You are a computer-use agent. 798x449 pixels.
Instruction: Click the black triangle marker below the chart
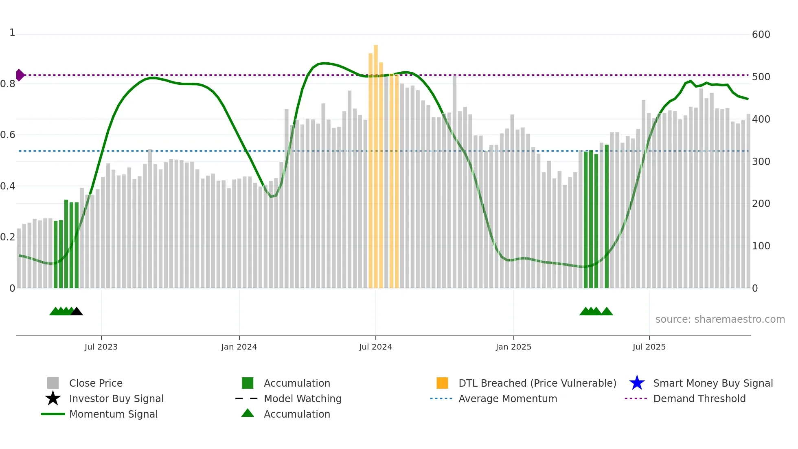77,311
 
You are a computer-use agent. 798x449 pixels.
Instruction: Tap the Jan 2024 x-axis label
239,347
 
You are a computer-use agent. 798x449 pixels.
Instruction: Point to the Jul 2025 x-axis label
649,347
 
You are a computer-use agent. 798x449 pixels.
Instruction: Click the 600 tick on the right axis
761,35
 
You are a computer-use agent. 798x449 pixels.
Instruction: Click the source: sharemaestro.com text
720,319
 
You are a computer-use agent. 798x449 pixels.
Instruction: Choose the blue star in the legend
637,383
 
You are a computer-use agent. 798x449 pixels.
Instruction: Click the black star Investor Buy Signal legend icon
53,398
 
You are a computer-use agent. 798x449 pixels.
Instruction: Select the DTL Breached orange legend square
442,383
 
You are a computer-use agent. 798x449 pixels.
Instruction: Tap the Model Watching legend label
303,398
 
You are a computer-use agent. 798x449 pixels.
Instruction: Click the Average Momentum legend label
508,398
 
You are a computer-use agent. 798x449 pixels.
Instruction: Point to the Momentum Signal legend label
113,414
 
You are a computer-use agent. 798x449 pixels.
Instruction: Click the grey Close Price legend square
53,383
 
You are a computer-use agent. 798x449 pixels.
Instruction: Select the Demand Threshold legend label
699,398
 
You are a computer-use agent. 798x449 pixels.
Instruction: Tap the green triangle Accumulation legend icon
248,413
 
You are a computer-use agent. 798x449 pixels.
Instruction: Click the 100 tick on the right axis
761,246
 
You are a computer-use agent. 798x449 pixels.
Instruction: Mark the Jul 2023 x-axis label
101,347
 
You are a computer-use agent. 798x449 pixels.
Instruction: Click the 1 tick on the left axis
12,33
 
